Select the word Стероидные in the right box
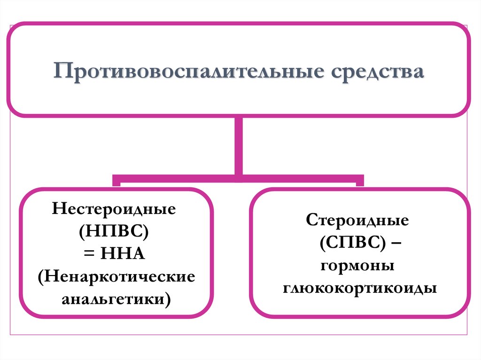[357, 220]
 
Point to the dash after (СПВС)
[395, 243]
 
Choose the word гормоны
[357, 266]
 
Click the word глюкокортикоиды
[360, 288]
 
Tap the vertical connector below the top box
[239, 146]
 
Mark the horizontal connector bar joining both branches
[239, 178]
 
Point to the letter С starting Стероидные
[311, 220]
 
